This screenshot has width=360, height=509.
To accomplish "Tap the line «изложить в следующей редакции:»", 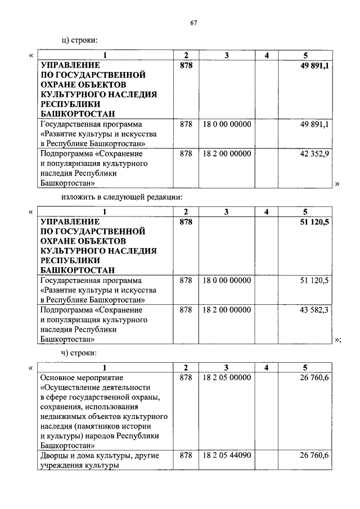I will click(122, 196).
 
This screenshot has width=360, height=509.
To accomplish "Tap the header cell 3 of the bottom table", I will click(226, 368).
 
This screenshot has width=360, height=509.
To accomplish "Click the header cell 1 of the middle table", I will click(105, 212).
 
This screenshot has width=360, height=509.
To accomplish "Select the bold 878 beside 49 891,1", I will click(186, 66).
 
